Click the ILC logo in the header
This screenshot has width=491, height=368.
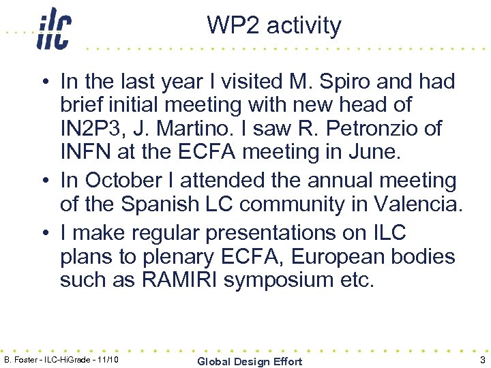53,29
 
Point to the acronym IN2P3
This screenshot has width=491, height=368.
91,128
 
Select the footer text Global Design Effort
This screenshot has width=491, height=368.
249,361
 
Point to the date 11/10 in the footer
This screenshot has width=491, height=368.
108,359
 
